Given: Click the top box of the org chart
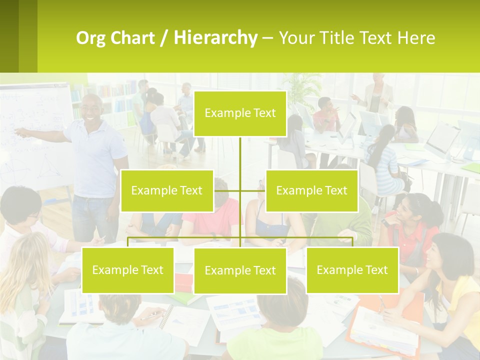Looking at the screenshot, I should click(x=240, y=113).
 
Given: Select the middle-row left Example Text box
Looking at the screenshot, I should click(x=166, y=190).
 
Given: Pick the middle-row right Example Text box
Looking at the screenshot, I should click(x=311, y=190).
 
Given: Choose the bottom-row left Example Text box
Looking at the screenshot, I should click(x=127, y=270).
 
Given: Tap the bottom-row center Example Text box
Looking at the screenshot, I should click(x=240, y=270).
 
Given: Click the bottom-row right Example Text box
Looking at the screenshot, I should click(x=352, y=270).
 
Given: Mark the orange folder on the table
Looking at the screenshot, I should click(x=385, y=320).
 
